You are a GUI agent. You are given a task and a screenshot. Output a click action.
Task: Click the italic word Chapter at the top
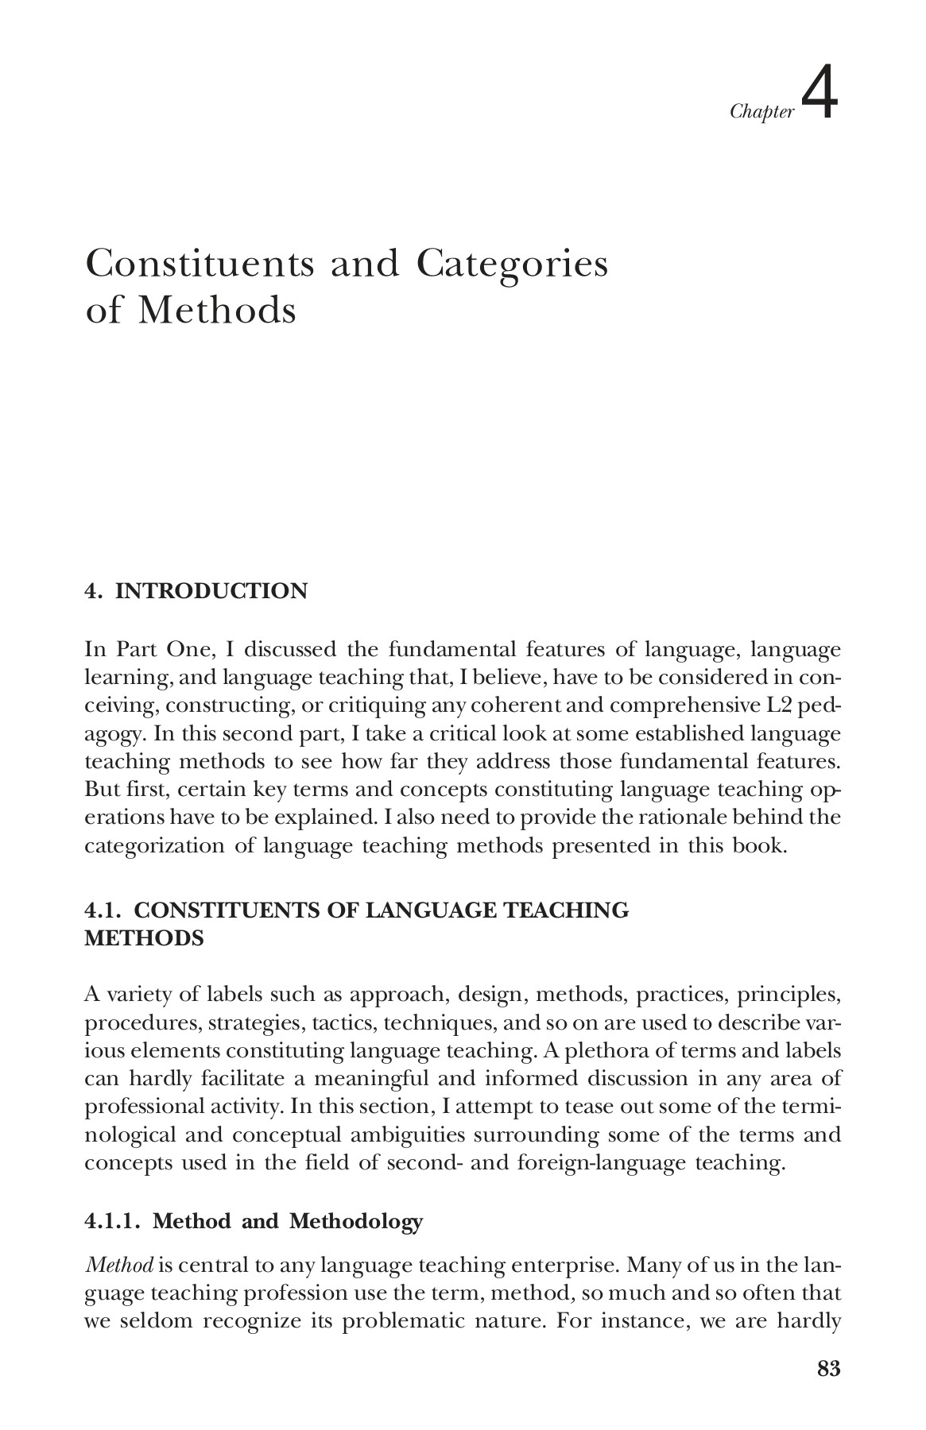coord(761,112)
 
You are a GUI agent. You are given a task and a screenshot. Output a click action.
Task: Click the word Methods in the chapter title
coord(216,310)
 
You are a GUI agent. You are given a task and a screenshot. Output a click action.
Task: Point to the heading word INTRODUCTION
coord(211,591)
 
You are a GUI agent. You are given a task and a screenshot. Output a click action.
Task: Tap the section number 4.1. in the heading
coord(104,910)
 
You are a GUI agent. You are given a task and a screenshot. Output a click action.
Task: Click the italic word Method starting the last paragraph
coord(113,1265)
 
